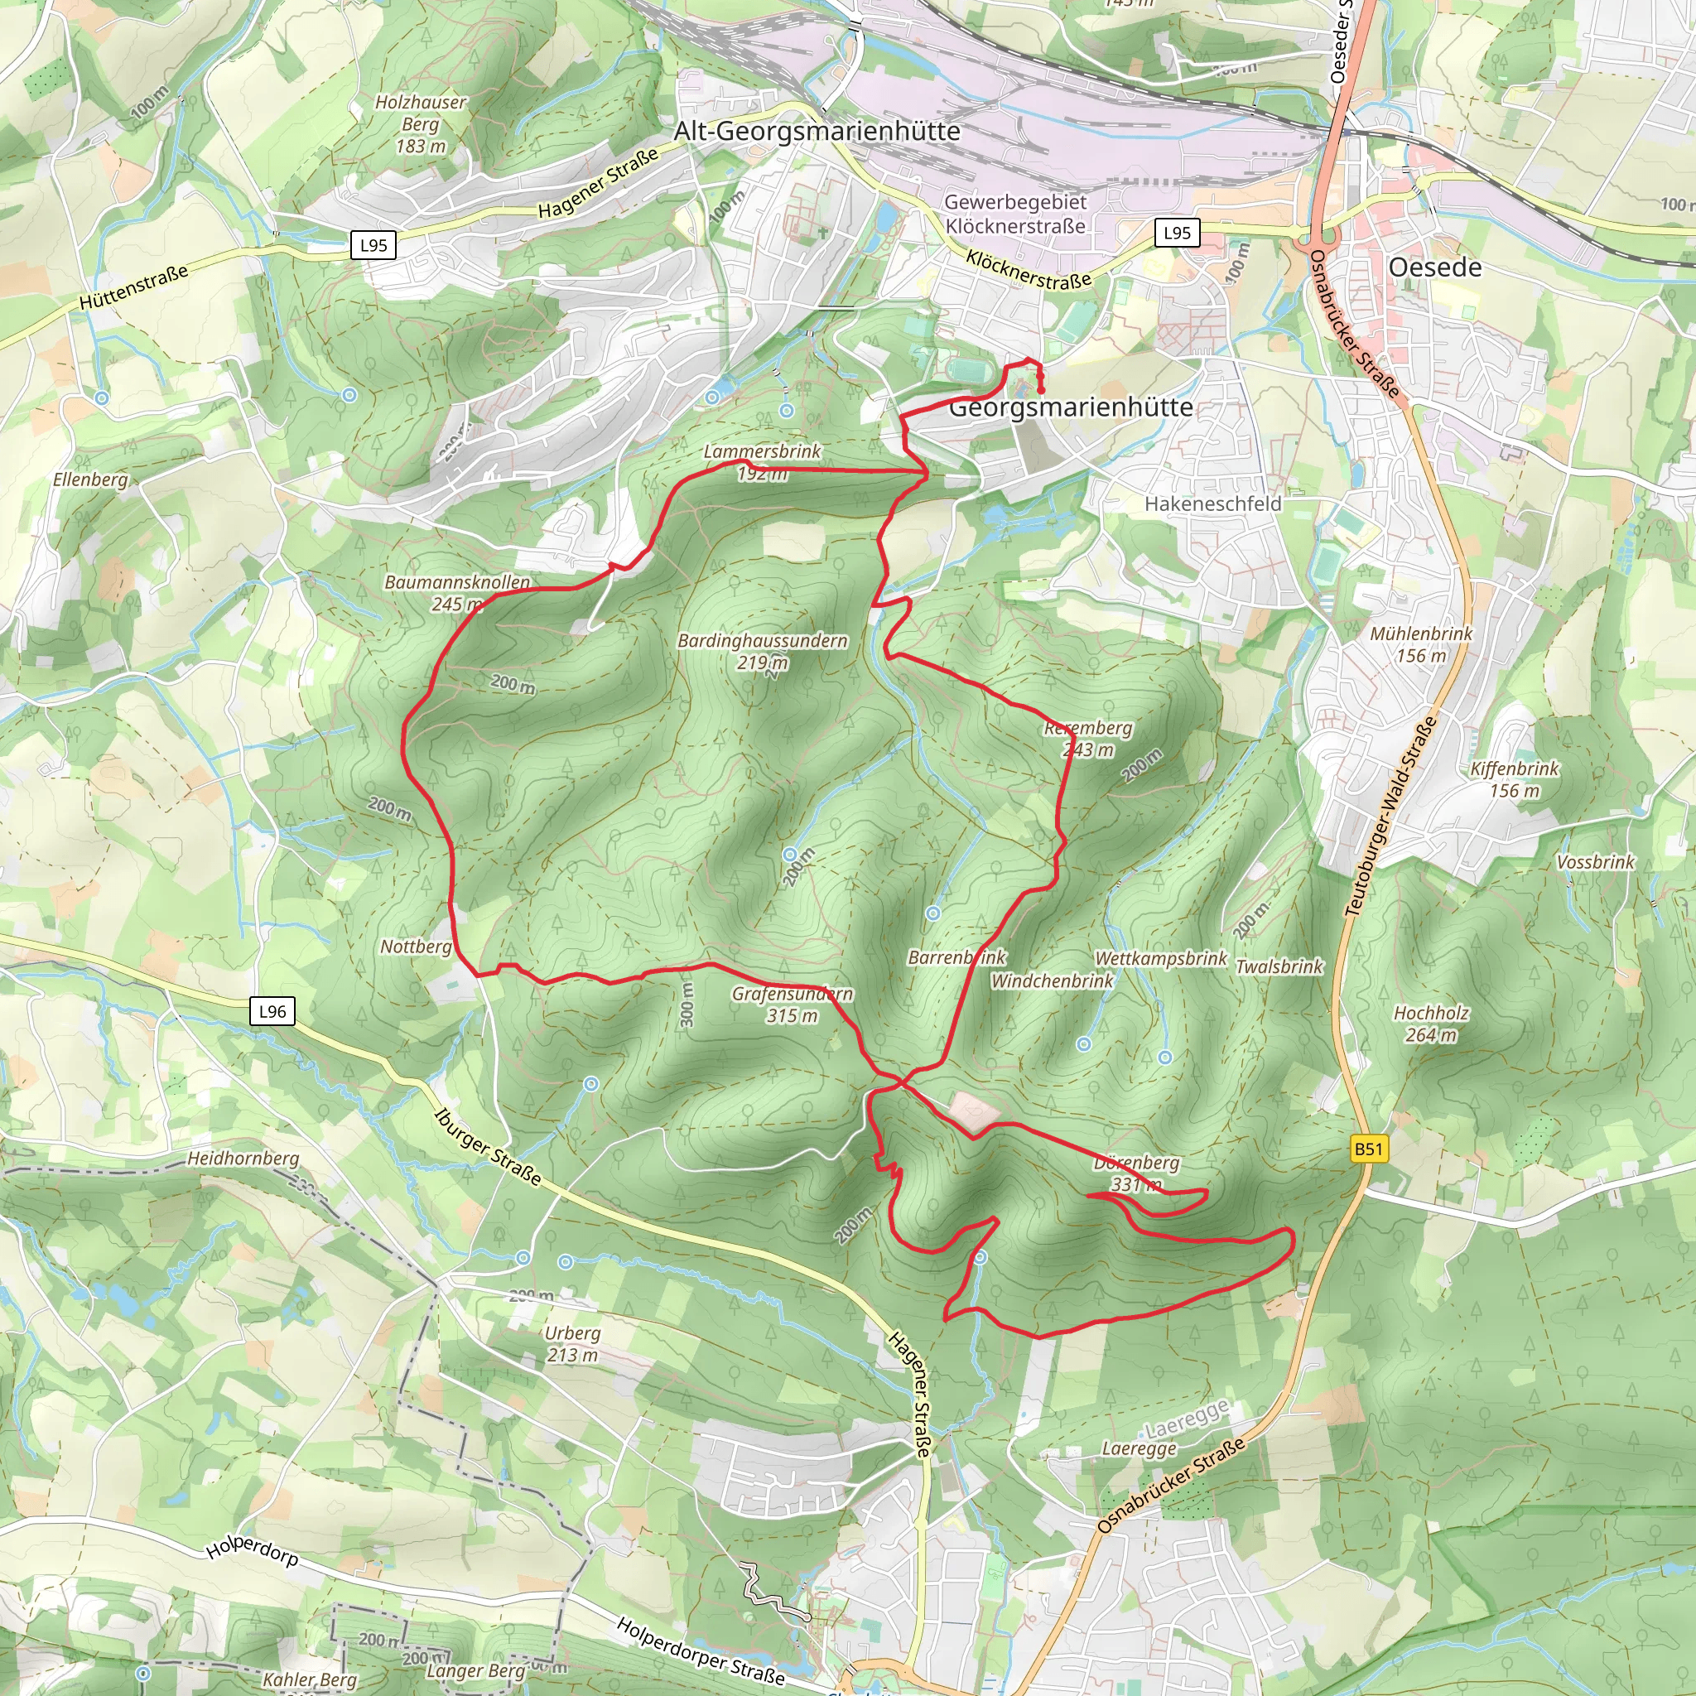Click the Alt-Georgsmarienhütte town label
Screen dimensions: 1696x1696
(817, 132)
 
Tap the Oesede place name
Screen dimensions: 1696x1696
(1434, 267)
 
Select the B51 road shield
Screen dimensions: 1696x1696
(1368, 1149)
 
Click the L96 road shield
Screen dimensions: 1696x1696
(272, 1011)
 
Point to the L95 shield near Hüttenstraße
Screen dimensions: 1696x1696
(373, 246)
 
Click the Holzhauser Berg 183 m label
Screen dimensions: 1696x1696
(421, 123)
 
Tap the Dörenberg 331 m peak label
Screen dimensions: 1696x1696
(1136, 1173)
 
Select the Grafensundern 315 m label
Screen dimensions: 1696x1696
(792, 1005)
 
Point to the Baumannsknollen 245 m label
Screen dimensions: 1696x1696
(457, 593)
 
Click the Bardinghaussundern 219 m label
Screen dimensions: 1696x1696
(762, 652)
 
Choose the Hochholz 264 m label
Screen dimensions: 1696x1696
(1431, 1024)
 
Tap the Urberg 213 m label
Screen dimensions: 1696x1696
(572, 1343)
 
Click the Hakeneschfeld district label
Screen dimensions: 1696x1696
(1212, 503)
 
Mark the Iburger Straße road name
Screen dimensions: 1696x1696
(488, 1145)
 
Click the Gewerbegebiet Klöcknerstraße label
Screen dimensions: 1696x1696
(1014, 214)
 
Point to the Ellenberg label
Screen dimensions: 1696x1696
(90, 479)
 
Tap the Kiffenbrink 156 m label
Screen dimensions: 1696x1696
(1515, 779)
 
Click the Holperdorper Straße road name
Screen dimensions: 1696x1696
(701, 1651)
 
